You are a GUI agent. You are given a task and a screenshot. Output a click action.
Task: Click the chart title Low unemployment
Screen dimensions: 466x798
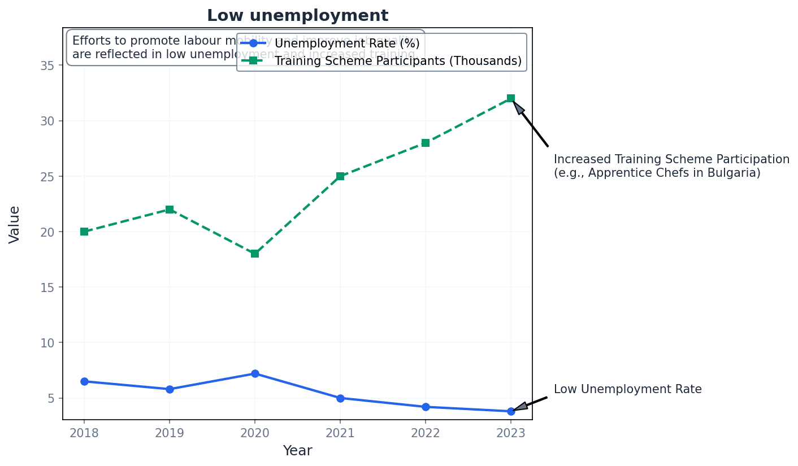pos(297,16)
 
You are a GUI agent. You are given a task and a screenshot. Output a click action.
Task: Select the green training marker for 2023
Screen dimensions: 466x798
pos(511,98)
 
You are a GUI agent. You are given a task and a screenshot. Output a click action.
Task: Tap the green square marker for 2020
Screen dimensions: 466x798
pos(255,254)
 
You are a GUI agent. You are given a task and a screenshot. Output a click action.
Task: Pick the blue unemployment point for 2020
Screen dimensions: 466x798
pos(255,373)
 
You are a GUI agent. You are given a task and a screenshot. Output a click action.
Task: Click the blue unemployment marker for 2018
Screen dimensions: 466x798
pos(84,381)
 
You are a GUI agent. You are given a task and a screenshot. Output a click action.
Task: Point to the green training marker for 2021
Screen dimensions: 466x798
pos(340,176)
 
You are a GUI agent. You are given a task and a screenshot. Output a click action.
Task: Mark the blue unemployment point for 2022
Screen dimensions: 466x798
pos(426,407)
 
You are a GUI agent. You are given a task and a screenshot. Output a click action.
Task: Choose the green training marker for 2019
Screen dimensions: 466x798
pos(170,210)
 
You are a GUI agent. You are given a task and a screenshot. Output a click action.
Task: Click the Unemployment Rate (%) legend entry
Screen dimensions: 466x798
pos(346,43)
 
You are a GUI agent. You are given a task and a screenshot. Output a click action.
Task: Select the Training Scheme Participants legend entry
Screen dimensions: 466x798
pos(398,61)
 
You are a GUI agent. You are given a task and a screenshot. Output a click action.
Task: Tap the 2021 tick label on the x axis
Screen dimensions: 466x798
pos(340,433)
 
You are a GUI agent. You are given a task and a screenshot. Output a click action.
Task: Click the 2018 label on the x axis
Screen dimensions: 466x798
pos(84,433)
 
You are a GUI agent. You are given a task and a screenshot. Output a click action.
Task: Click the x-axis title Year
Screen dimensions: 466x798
pos(297,451)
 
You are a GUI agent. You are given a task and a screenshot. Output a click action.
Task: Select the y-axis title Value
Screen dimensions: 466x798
pos(15,224)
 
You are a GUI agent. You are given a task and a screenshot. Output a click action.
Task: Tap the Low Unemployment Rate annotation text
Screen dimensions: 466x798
pos(627,389)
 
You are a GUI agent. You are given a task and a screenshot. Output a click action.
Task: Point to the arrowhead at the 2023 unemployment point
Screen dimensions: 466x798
pos(520,407)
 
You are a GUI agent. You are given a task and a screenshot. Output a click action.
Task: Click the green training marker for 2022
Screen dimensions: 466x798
pos(426,143)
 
